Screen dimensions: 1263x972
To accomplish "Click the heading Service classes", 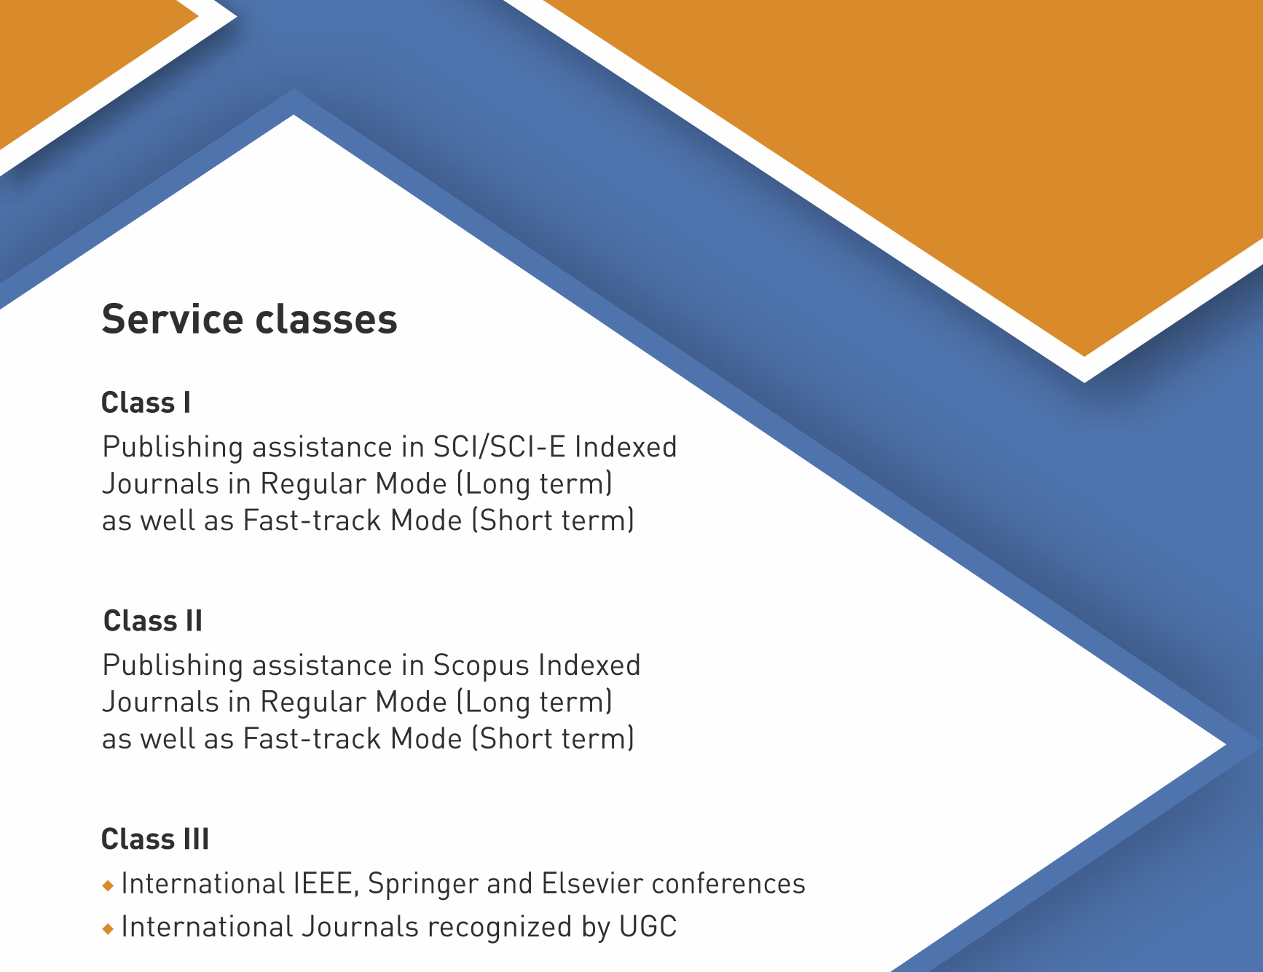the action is pyautogui.click(x=250, y=320).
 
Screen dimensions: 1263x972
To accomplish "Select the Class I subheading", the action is pyautogui.click(x=146, y=403).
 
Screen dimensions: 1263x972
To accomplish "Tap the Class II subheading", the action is pyautogui.click(x=153, y=621).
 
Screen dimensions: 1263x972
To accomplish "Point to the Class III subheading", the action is pyautogui.click(x=155, y=839).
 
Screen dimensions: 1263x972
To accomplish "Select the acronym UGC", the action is pyautogui.click(x=648, y=927).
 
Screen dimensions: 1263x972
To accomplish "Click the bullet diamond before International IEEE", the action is pyautogui.click(x=109, y=886).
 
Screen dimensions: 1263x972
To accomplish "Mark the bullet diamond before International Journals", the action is pyautogui.click(x=109, y=929).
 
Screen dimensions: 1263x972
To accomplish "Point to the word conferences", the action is pyautogui.click(x=728, y=884).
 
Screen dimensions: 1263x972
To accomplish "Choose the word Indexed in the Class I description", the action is pyautogui.click(x=626, y=447).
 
